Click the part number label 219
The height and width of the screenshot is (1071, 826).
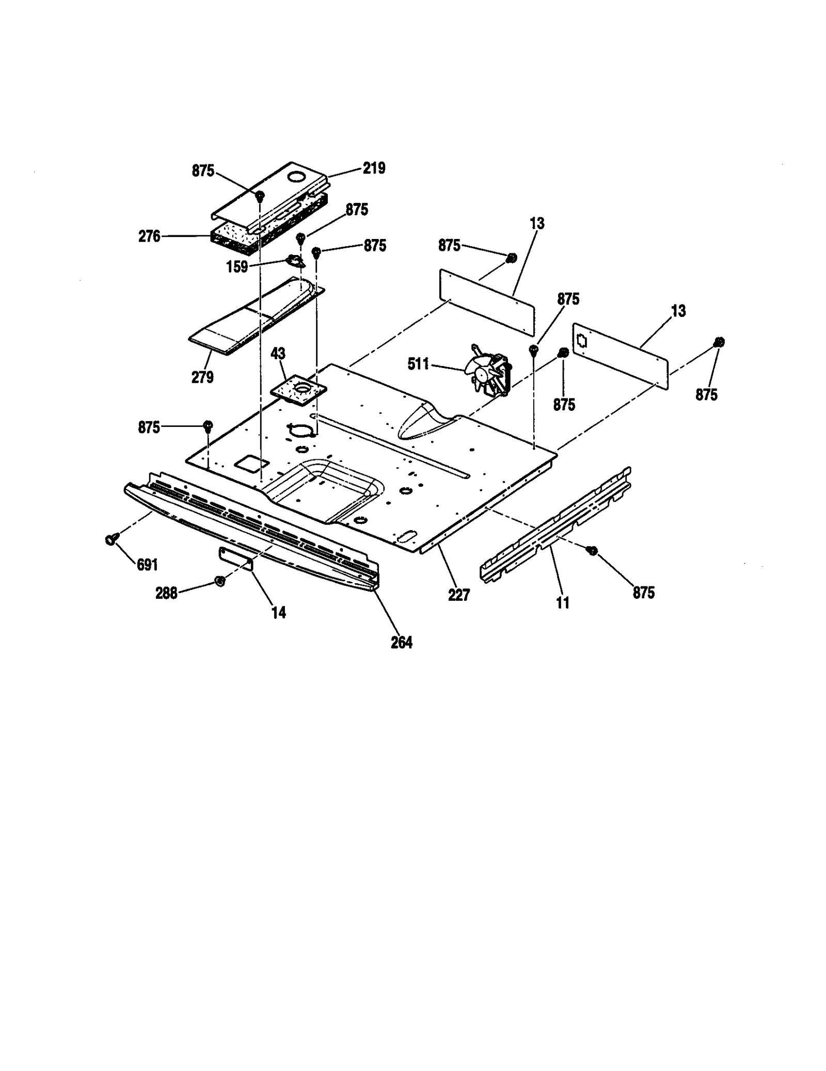(374, 168)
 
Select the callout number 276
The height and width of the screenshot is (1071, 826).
(149, 236)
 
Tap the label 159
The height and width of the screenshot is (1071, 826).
(237, 267)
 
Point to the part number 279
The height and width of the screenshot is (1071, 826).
(202, 377)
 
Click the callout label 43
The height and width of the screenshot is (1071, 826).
(278, 354)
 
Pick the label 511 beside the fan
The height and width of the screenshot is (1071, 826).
(418, 364)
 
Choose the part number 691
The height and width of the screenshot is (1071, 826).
(147, 565)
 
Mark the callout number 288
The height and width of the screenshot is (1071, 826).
(166, 594)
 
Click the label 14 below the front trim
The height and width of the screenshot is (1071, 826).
(279, 613)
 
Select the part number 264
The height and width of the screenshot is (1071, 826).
(402, 643)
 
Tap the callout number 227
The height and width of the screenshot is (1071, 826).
(459, 595)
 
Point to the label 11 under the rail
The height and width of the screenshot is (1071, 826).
(563, 602)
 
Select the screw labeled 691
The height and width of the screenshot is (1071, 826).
(110, 539)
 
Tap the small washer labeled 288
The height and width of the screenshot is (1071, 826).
(219, 582)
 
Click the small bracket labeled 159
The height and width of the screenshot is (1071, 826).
(295, 262)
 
